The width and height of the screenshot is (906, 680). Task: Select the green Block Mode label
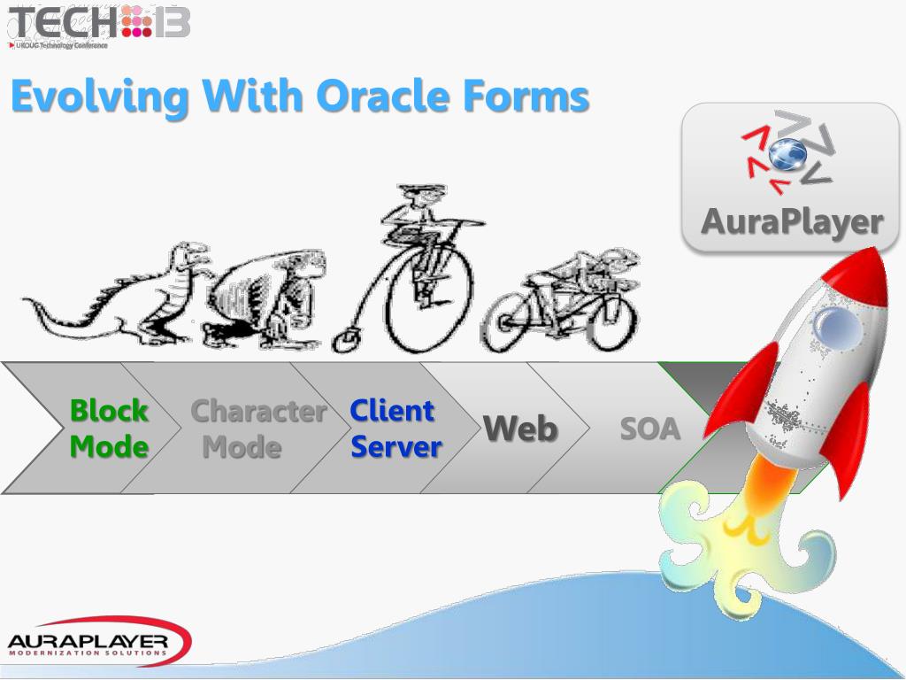[109, 429]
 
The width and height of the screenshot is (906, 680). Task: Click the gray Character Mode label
[257, 429]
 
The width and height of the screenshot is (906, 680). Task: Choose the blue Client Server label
[395, 429]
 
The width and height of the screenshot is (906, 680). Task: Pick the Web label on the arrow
[520, 429]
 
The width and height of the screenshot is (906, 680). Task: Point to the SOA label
[649, 429]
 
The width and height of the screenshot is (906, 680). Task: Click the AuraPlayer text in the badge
[791, 221]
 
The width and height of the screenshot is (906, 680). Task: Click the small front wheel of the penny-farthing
[347, 338]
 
